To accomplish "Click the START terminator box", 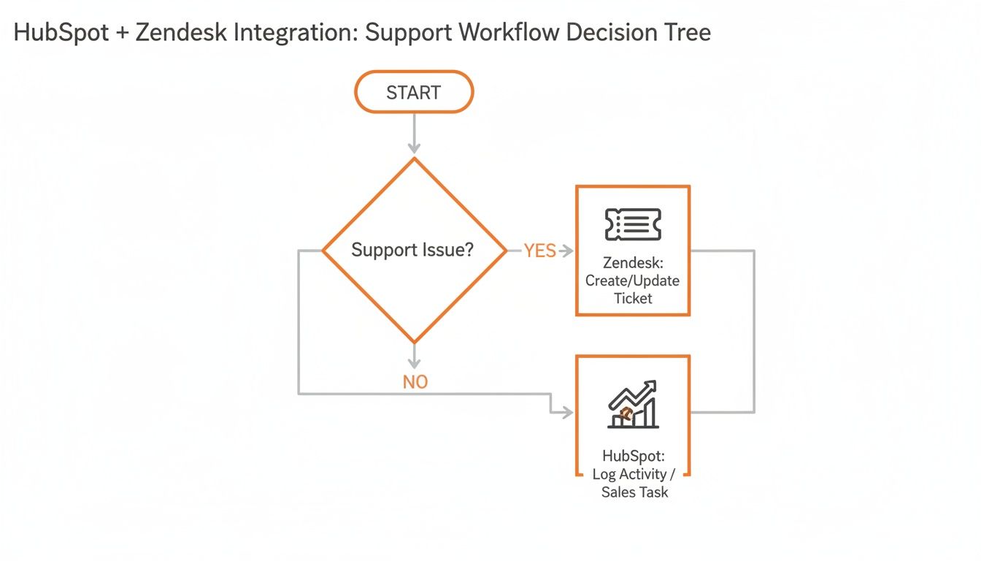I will click(x=414, y=92).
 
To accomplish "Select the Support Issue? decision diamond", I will click(x=414, y=251).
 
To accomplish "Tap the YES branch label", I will click(x=539, y=251).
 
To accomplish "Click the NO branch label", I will click(x=415, y=382).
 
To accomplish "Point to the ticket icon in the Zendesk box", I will click(x=633, y=224).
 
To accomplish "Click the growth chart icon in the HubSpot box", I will click(x=633, y=405).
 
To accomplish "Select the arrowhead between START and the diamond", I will click(x=414, y=148).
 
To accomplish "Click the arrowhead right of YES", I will click(x=565, y=251).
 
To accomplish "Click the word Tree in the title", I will click(x=685, y=33).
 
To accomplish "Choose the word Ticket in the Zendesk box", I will click(x=633, y=298).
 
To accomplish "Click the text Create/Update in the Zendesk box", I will click(x=633, y=280).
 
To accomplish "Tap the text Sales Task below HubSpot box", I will click(x=634, y=492).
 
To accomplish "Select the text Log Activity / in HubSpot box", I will click(x=634, y=474).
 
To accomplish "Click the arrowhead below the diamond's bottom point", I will click(x=414, y=363).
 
